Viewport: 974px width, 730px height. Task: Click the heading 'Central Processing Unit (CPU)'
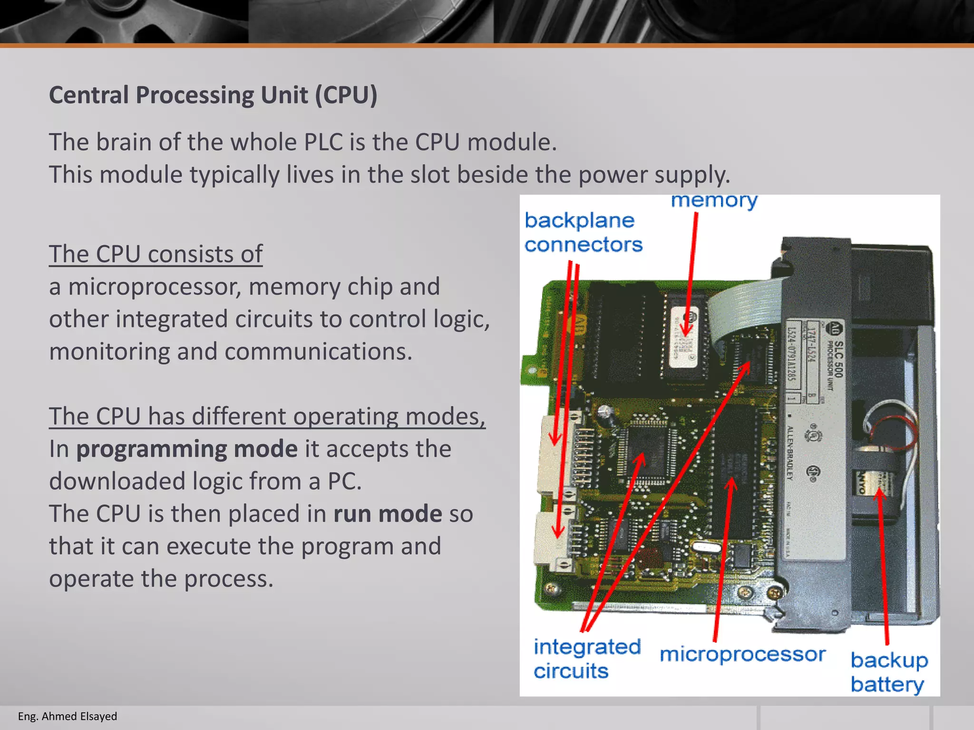pos(213,95)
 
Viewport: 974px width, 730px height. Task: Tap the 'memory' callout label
pos(714,201)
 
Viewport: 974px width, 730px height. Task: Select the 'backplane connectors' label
pos(583,232)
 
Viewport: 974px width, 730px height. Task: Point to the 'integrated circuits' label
pos(587,659)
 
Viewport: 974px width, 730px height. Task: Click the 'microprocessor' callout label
pos(742,655)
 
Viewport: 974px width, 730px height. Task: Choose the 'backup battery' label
pos(888,672)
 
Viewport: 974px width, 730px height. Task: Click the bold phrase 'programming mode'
pos(187,449)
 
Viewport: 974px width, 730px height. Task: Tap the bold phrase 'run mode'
pos(388,514)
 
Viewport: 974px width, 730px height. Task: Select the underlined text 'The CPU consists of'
pos(156,254)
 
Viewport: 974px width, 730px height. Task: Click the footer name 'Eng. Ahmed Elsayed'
pos(67,716)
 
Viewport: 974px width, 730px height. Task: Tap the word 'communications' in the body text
pos(318,352)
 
